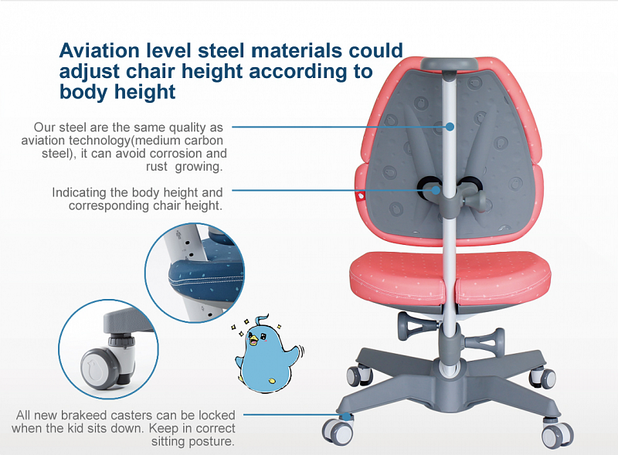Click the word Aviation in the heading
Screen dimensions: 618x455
[100, 50]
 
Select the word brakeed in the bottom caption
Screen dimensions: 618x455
[83, 415]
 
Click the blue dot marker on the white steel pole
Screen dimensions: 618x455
[450, 127]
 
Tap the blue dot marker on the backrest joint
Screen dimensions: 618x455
[436, 190]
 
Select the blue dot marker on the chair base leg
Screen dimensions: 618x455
[346, 416]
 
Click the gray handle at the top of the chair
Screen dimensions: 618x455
[449, 64]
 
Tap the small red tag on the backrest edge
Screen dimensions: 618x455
[359, 195]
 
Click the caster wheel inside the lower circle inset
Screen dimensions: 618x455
[100, 369]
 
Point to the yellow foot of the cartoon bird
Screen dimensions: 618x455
[271, 381]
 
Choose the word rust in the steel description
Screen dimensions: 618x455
[157, 166]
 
